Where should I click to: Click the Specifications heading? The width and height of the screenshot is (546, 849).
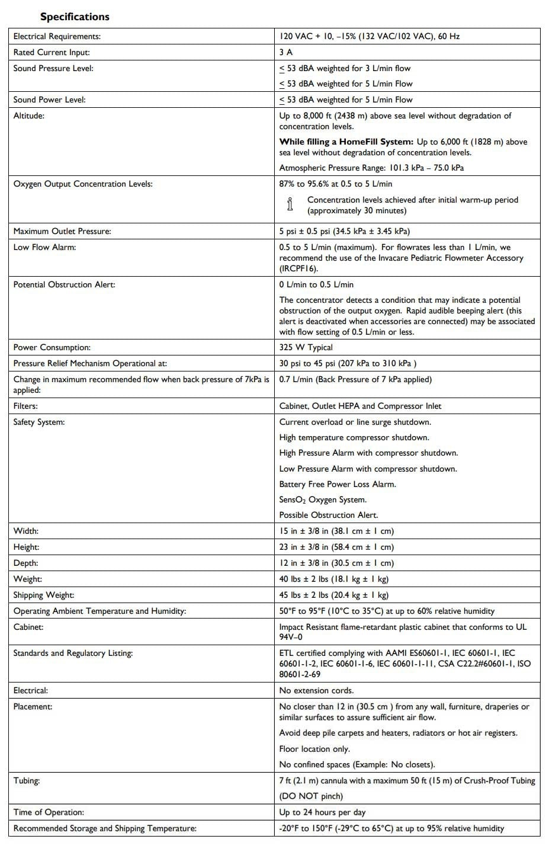click(75, 17)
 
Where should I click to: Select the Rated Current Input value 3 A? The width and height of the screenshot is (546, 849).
click(286, 52)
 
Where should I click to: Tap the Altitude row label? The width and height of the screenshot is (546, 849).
click(28, 116)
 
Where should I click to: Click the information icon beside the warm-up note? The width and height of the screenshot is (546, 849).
click(290, 204)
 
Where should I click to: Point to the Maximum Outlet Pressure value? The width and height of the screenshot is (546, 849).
click(345, 231)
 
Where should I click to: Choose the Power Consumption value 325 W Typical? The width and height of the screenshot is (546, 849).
click(306, 347)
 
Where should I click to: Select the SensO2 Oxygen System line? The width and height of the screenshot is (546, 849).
click(323, 499)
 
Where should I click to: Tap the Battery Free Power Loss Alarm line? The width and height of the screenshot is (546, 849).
click(338, 484)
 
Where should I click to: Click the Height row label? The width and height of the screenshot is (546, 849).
click(26, 547)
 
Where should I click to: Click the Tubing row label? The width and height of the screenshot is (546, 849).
click(27, 780)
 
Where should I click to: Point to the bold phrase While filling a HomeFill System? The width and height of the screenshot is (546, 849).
click(346, 142)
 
